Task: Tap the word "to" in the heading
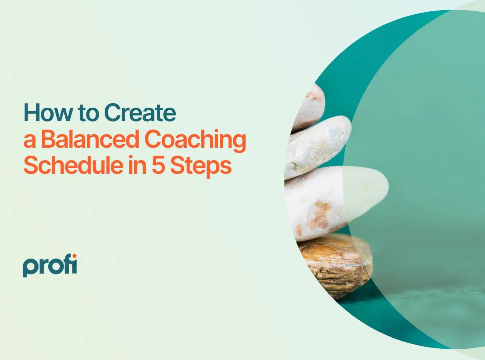[x=88, y=113]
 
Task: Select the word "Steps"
[x=201, y=167]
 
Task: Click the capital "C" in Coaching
[x=154, y=139]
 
